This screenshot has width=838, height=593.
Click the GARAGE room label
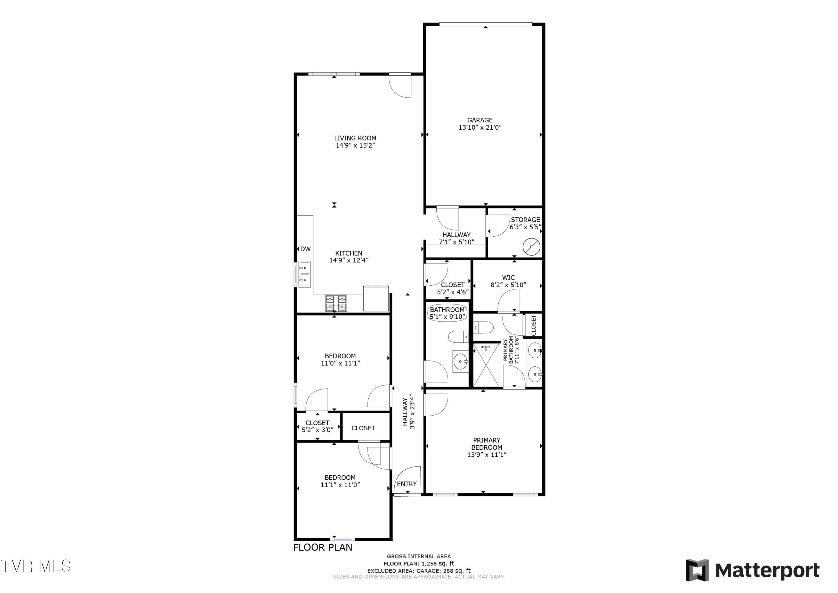tap(480, 120)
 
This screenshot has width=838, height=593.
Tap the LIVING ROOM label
tap(355, 138)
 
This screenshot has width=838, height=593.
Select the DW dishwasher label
tap(306, 249)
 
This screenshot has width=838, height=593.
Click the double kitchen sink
tap(304, 274)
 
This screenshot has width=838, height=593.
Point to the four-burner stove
tap(336, 303)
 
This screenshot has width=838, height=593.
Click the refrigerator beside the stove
tap(376, 298)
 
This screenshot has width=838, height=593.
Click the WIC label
tap(508, 277)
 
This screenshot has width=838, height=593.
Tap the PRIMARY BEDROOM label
tap(487, 444)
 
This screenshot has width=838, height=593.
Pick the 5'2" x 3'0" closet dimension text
tap(318, 430)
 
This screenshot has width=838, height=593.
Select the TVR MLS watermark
tap(36, 566)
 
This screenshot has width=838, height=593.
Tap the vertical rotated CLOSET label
tap(534, 325)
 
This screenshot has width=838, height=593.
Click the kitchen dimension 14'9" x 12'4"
tap(349, 260)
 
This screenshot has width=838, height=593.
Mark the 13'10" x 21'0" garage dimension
tap(480, 127)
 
